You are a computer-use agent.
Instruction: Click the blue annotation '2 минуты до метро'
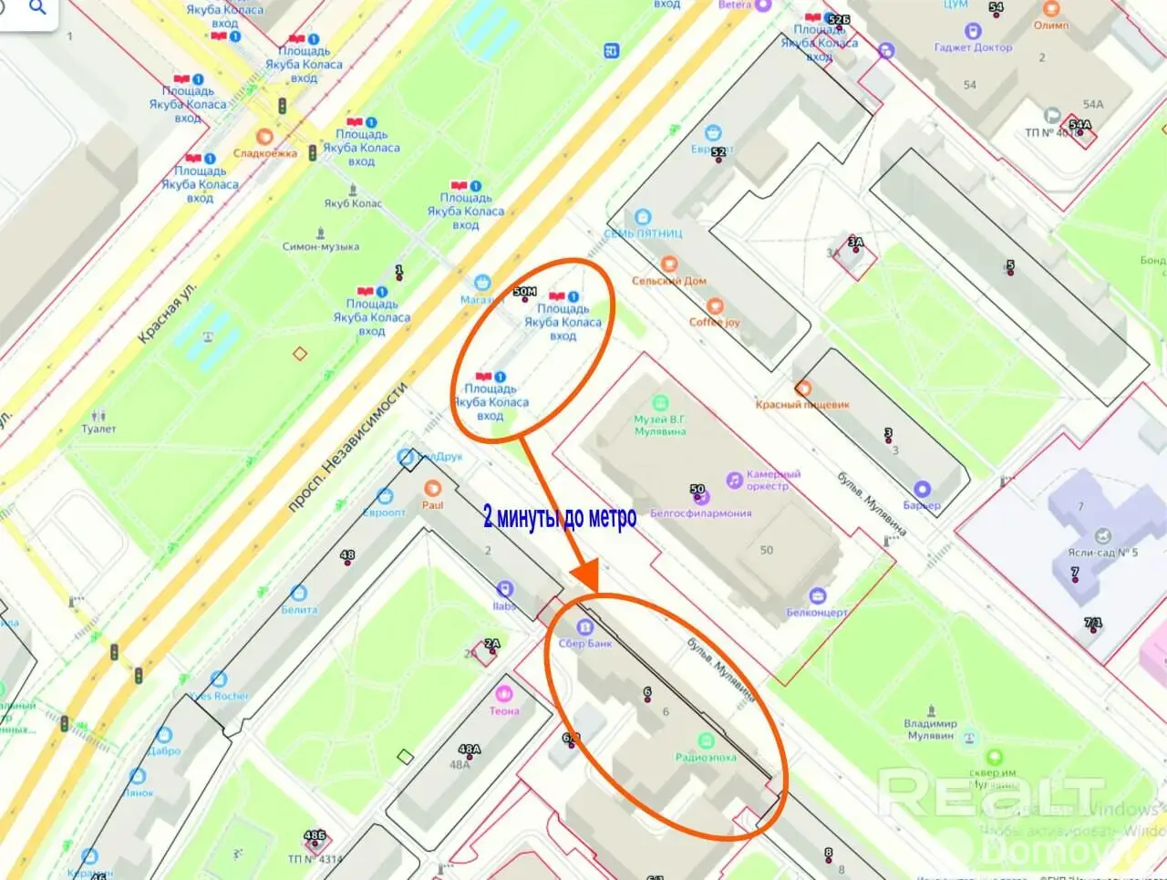click(560, 518)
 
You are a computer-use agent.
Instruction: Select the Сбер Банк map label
click(585, 643)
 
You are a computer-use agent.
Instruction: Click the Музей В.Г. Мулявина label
click(660, 425)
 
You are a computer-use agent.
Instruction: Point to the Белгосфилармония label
click(701, 513)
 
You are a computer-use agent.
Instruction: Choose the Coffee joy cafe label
click(715, 322)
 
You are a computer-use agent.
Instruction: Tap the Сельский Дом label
click(669, 281)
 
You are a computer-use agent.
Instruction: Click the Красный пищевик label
click(802, 404)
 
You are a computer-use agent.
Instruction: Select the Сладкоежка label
click(264, 153)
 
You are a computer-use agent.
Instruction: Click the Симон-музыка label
click(320, 246)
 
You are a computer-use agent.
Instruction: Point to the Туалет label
click(98, 429)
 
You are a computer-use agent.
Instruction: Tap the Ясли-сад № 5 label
click(1102, 553)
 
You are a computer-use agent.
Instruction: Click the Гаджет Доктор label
click(973, 47)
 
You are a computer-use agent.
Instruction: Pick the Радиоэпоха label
click(706, 757)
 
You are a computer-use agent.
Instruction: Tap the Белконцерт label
click(817, 613)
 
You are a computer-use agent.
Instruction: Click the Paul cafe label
click(432, 504)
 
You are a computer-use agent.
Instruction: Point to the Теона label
click(504, 710)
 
